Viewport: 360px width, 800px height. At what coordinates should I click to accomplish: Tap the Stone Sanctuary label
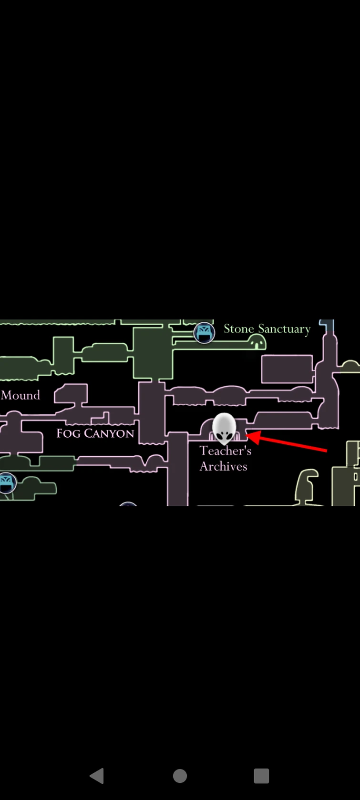[267, 329]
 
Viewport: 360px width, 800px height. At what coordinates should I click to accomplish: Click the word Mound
[21, 395]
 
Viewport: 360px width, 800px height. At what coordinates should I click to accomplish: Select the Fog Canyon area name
[95, 433]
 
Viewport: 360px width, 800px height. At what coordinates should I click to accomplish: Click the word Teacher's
[226, 451]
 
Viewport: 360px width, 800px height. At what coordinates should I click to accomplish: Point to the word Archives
[223, 466]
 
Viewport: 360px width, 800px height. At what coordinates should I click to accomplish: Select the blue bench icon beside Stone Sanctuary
[204, 332]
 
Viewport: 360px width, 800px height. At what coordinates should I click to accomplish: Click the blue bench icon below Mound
[7, 482]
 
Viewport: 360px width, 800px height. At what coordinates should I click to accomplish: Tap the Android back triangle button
[97, 776]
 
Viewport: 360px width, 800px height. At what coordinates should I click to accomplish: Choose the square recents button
[261, 776]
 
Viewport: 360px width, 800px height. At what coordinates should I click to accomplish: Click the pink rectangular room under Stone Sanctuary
[287, 369]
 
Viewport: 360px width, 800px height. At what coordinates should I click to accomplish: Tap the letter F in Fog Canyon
[60, 433]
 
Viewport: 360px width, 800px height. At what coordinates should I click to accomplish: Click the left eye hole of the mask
[218, 435]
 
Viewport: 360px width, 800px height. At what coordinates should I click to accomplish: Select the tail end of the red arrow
[327, 451]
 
